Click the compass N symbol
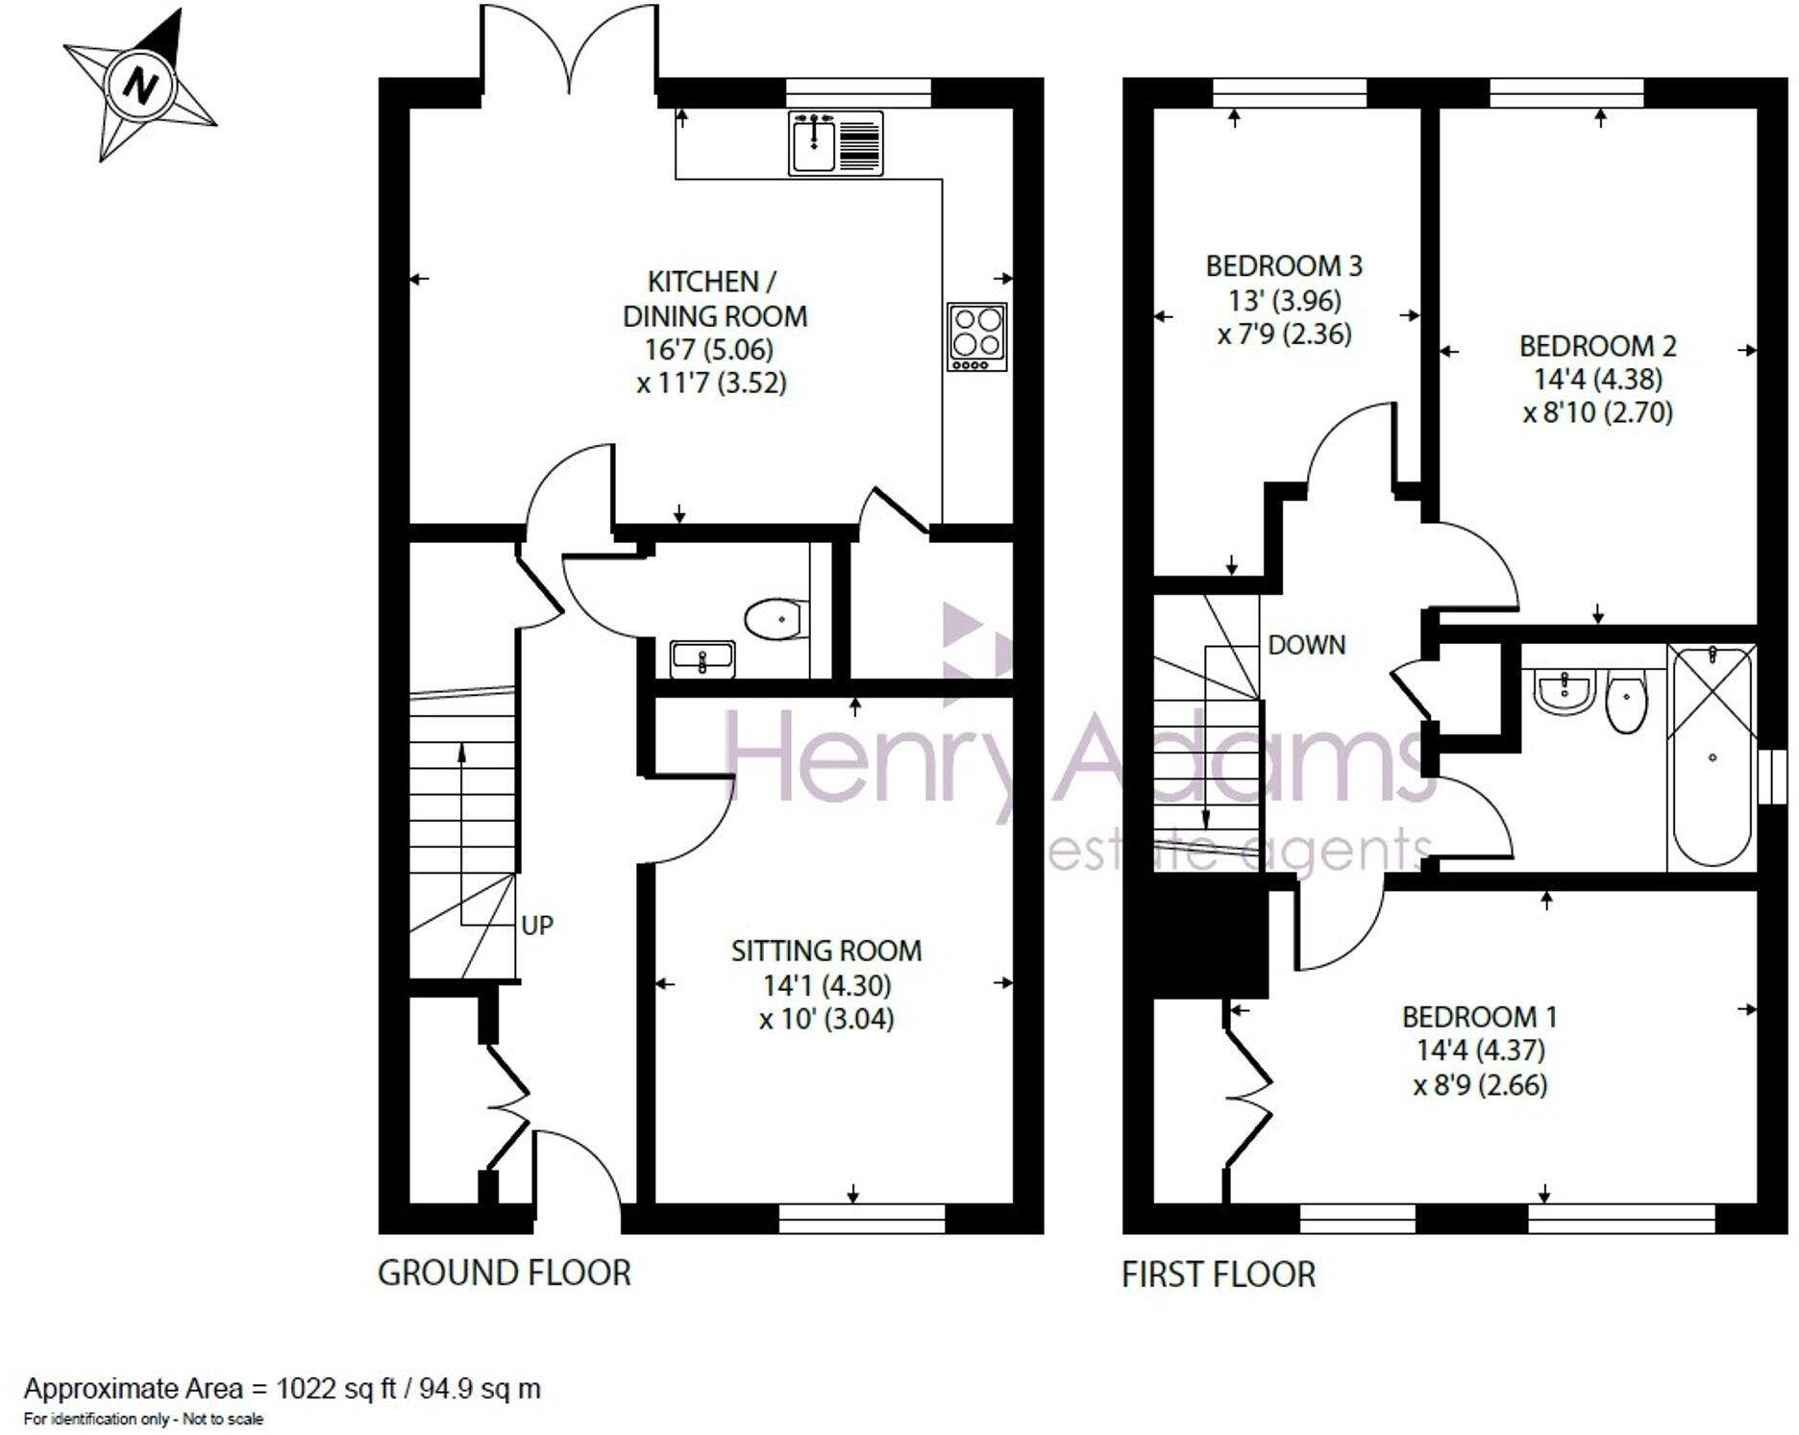coord(141,87)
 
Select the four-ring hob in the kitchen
coord(976,336)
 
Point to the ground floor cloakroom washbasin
coord(702,658)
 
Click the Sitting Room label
coord(826,951)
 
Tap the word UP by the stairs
coord(537,925)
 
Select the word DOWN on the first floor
coord(1307,645)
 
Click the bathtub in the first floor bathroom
coord(1713,757)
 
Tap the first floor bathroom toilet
coord(1626,699)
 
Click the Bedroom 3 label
coord(1284,265)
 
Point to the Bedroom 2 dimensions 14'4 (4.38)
coord(1597,379)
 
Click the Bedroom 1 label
coord(1479,1016)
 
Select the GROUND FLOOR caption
coord(504,1273)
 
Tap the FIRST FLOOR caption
coord(1218,1274)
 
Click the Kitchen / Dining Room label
coord(714,298)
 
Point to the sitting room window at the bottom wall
coord(862,1220)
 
